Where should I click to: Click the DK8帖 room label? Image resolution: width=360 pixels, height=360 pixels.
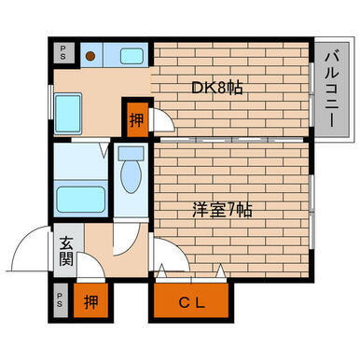pos(216,88)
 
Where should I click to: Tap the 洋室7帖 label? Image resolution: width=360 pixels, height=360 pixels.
pos(222,210)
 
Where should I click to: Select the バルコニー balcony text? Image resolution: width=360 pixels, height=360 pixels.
pos(332,90)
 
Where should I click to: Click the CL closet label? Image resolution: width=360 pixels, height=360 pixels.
pos(192,302)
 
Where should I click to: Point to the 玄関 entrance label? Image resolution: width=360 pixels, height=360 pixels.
pos(66,251)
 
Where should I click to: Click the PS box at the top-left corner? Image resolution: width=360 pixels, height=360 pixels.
pos(63,52)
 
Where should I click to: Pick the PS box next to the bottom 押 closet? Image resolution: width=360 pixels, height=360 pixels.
pos(60,299)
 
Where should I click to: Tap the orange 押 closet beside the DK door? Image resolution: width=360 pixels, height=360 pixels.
pos(137,119)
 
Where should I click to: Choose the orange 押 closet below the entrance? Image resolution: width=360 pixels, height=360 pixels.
pos(90,300)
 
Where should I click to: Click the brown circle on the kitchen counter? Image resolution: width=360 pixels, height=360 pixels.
pos(90,56)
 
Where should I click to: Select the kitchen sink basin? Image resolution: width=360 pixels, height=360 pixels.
pos(132,56)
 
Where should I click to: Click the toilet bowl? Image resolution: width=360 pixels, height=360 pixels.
pos(131,177)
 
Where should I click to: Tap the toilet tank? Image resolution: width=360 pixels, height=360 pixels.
pos(131,153)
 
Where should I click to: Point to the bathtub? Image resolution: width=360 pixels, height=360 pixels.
pos(80,200)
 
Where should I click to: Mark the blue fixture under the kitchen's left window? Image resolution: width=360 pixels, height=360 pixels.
pos(68,114)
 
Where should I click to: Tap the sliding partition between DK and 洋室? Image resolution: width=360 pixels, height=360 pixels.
pos(230,139)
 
